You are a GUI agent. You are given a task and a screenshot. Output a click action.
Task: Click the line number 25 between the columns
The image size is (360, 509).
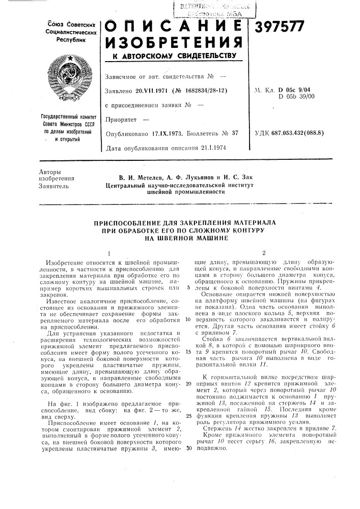click(x=188, y=416)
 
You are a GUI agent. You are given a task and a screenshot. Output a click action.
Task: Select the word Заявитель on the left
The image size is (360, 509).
click(x=53, y=187)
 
